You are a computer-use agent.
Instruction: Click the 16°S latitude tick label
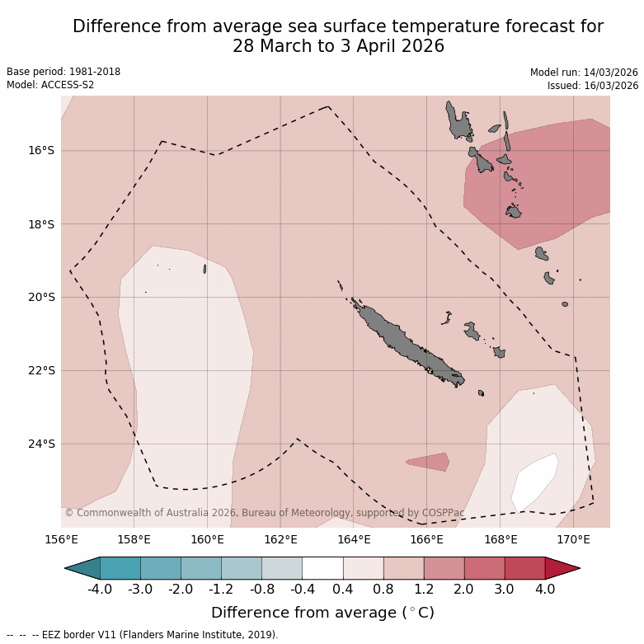[40, 150]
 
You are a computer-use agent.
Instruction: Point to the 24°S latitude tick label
[40, 444]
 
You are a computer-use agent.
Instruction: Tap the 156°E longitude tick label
[61, 539]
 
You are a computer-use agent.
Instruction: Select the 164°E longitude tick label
[354, 539]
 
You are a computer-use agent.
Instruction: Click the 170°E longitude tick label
[573, 539]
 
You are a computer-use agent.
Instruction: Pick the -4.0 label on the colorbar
[100, 589]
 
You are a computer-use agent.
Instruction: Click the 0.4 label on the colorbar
[343, 589]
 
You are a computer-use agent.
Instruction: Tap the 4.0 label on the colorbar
[545, 589]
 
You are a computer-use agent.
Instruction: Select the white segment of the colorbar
[322, 568]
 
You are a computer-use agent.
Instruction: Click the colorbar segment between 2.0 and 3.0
[484, 568]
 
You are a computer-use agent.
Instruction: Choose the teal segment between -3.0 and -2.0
[161, 568]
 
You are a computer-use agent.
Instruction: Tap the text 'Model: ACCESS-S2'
[50, 85]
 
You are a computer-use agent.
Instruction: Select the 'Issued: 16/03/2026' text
[593, 85]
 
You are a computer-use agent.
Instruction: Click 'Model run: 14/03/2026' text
[584, 73]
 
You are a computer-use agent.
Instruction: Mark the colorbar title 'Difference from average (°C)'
[322, 613]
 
